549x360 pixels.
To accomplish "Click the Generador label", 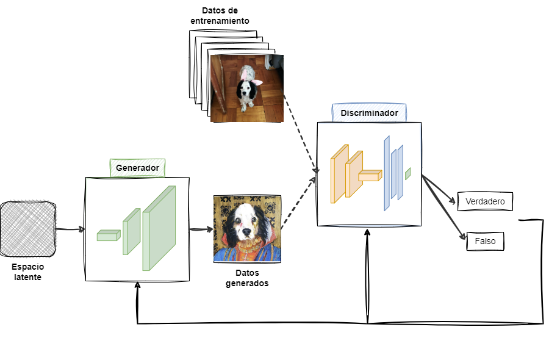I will pos(137,168).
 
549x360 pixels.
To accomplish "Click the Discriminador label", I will pos(369,113).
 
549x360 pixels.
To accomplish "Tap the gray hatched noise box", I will pos(28,229).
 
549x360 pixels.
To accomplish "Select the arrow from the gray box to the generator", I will pos(70,229).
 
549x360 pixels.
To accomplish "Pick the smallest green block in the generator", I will pos(108,236).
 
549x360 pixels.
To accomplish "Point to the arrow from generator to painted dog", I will pos(201,229).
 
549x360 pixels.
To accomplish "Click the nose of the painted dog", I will pos(245,232).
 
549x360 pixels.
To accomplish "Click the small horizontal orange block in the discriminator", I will pos(370,176).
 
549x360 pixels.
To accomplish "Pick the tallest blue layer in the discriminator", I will pos(387,173).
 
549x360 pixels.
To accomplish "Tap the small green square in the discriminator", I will pos(407,173).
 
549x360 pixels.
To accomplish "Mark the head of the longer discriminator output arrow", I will pos(465,237).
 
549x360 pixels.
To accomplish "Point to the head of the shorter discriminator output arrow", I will pos(454,201).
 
